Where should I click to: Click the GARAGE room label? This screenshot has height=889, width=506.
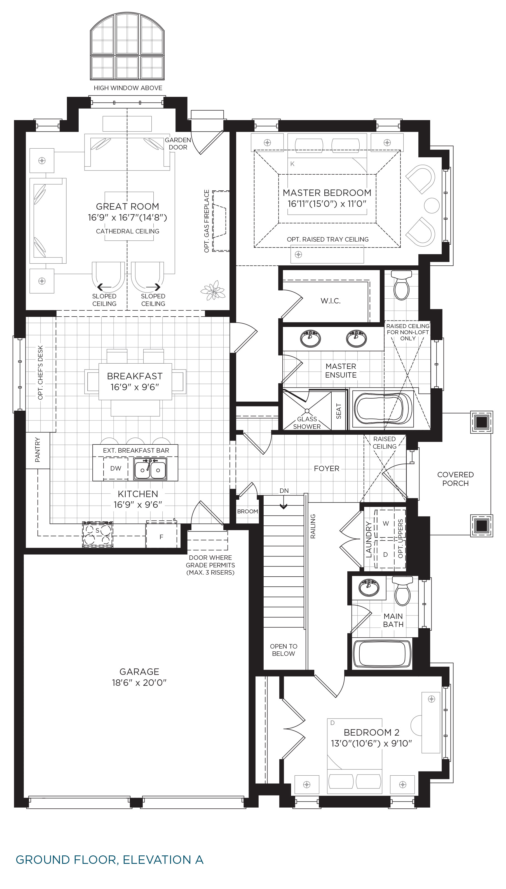(139, 672)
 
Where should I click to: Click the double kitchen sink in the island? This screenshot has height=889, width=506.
(150, 469)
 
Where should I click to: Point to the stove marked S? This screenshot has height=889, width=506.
(97, 535)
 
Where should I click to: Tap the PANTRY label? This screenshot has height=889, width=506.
(38, 450)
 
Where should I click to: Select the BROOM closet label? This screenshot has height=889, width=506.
(247, 511)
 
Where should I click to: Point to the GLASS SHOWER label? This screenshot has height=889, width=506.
(307, 423)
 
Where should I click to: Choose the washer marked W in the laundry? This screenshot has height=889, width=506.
(386, 523)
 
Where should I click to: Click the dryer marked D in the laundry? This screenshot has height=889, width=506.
(385, 554)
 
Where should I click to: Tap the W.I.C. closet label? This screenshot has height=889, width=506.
(331, 301)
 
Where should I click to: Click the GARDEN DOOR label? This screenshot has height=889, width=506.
(178, 144)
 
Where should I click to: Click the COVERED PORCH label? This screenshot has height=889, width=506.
(455, 479)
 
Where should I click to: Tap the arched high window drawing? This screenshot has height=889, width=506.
(127, 46)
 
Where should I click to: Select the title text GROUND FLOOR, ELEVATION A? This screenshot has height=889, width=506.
(109, 859)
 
